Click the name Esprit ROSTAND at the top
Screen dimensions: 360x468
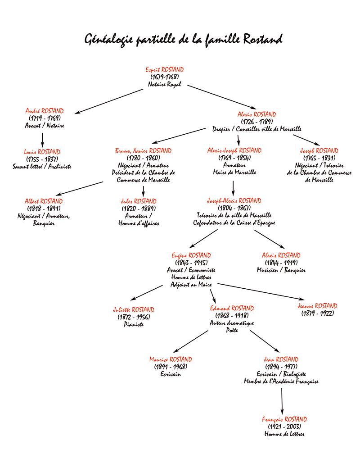point(165,69)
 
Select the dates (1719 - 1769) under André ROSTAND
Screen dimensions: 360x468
point(45,118)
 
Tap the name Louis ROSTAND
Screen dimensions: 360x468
point(42,152)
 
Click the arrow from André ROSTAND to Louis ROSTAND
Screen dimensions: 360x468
point(42,140)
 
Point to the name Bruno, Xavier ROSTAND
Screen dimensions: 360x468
point(144,151)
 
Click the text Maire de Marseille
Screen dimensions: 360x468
point(234,172)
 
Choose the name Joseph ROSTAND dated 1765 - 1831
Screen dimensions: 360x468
point(319,151)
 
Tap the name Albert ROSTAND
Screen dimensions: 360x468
point(44,201)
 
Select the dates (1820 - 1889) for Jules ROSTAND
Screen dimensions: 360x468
point(139,209)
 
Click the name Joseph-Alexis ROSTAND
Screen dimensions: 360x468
point(234,200)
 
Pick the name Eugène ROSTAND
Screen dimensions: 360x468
point(191,255)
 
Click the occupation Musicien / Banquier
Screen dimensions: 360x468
point(281,270)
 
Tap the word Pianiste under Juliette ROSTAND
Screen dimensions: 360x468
point(134,324)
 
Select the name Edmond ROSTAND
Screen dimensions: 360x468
point(232,308)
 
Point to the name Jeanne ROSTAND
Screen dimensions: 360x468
point(317,306)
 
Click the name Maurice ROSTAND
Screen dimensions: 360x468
point(171,359)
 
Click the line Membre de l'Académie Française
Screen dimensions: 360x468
point(281,381)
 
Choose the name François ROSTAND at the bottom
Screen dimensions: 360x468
point(284,419)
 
